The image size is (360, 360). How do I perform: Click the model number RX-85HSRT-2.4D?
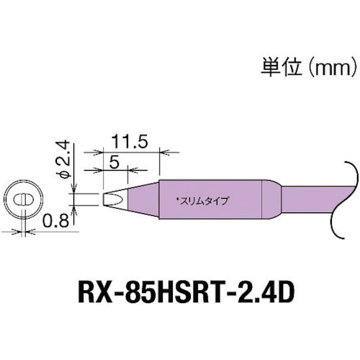[x=180, y=294]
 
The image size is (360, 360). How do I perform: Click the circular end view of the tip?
[x=24, y=199]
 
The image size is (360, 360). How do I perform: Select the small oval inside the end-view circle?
[x=24, y=199]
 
